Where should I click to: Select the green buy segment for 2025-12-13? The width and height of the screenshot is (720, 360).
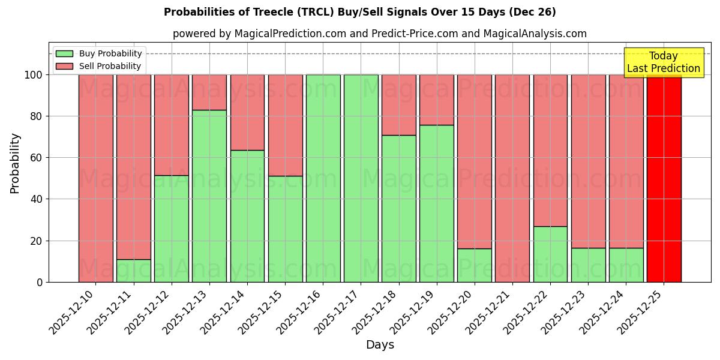coord(209,196)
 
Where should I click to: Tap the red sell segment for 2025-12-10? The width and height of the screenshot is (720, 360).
coord(96,178)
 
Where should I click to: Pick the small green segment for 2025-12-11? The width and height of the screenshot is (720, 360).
coord(134,271)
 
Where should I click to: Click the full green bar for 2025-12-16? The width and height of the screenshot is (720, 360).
coord(323,178)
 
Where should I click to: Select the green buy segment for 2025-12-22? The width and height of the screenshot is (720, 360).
coord(550,254)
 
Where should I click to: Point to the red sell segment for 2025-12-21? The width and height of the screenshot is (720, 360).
coord(512,178)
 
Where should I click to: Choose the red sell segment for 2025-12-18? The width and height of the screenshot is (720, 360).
coord(399,104)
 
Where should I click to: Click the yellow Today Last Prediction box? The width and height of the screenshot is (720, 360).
coord(664,62)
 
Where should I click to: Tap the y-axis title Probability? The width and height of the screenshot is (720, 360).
coord(15,163)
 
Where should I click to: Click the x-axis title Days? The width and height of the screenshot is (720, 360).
coord(380,345)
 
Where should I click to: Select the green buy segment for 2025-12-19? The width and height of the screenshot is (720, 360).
coord(437,203)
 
